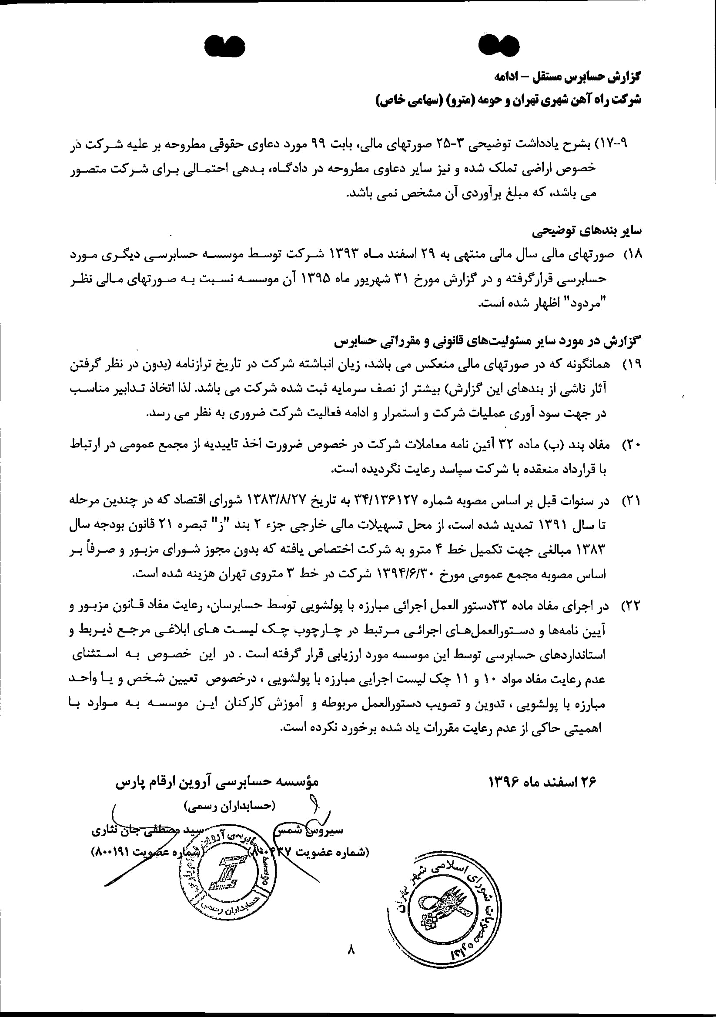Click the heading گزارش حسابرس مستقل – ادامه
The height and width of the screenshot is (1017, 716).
tap(568, 76)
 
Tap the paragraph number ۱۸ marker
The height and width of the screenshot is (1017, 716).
tap(632, 254)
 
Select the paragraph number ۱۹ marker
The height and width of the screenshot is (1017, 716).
tap(632, 364)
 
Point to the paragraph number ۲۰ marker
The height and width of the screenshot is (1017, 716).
tap(632, 444)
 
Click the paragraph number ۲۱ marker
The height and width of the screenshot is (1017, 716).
tap(632, 501)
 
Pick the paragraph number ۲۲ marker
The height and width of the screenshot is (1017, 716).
tap(632, 606)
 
